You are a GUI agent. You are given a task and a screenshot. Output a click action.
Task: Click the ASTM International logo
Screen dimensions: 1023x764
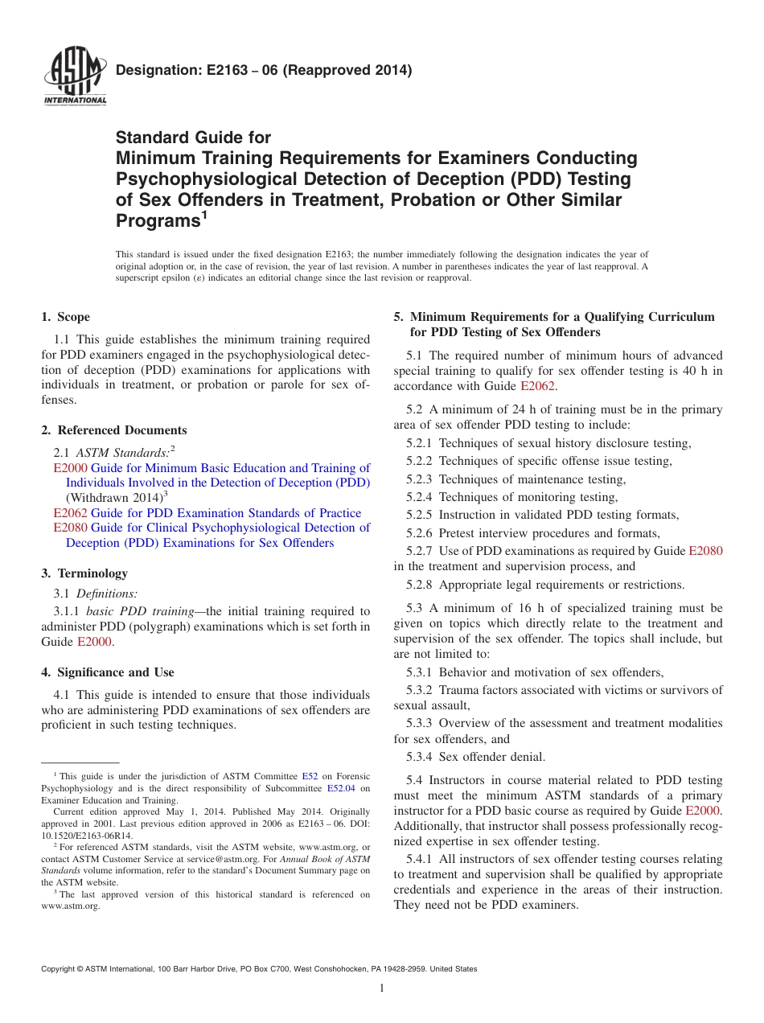click(75, 76)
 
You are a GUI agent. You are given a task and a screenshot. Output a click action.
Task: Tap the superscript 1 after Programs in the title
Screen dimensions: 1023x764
click(204, 216)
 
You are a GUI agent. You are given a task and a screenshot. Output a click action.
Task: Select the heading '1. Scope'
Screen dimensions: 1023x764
click(66, 317)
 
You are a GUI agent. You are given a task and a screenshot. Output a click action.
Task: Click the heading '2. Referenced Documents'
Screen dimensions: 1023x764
click(114, 430)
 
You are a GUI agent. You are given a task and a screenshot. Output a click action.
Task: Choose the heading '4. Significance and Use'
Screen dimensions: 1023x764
click(108, 672)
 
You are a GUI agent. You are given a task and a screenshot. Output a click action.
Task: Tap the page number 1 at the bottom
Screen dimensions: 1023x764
click(382, 988)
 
